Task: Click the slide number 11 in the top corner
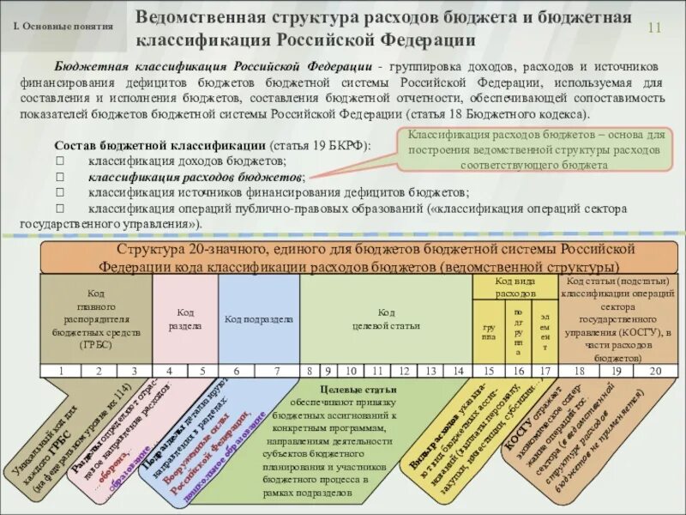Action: [x=654, y=27]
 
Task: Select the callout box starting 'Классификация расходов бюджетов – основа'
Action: [x=533, y=150]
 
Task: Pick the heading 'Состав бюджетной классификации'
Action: [x=160, y=146]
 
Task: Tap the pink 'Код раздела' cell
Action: [x=185, y=319]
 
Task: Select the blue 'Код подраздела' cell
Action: [x=259, y=319]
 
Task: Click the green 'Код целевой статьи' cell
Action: [x=387, y=319]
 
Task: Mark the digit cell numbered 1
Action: [x=61, y=371]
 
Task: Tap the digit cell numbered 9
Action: [x=328, y=371]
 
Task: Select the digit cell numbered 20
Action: [x=656, y=371]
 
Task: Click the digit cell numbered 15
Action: [x=489, y=371]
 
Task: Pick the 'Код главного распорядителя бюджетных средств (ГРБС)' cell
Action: [x=96, y=319]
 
